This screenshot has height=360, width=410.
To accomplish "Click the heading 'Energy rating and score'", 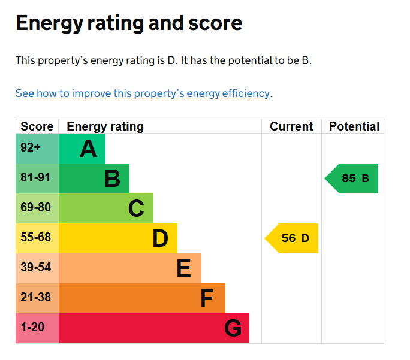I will coord(129,23).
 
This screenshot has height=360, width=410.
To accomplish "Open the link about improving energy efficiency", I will coord(143,93).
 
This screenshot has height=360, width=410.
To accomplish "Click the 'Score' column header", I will coord(37,126).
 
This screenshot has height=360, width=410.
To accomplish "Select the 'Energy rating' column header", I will coord(105,126).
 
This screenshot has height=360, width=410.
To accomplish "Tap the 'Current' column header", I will coord(291,126).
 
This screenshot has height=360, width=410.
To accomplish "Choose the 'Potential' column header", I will coord(354,126).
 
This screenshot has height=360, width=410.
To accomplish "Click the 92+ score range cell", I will coord(31,148).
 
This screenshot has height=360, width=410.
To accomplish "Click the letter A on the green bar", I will coord(88,149).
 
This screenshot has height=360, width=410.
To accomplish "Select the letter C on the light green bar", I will coord(136,208).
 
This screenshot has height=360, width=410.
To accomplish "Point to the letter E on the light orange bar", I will coord(184,268).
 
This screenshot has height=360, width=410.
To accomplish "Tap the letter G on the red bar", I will coord(233,328).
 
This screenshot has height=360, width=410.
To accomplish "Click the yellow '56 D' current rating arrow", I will coord(292,238).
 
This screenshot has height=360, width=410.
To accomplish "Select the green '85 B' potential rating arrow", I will coord(352,179).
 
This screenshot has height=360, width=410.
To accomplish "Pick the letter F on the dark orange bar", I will coord(207,298).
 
